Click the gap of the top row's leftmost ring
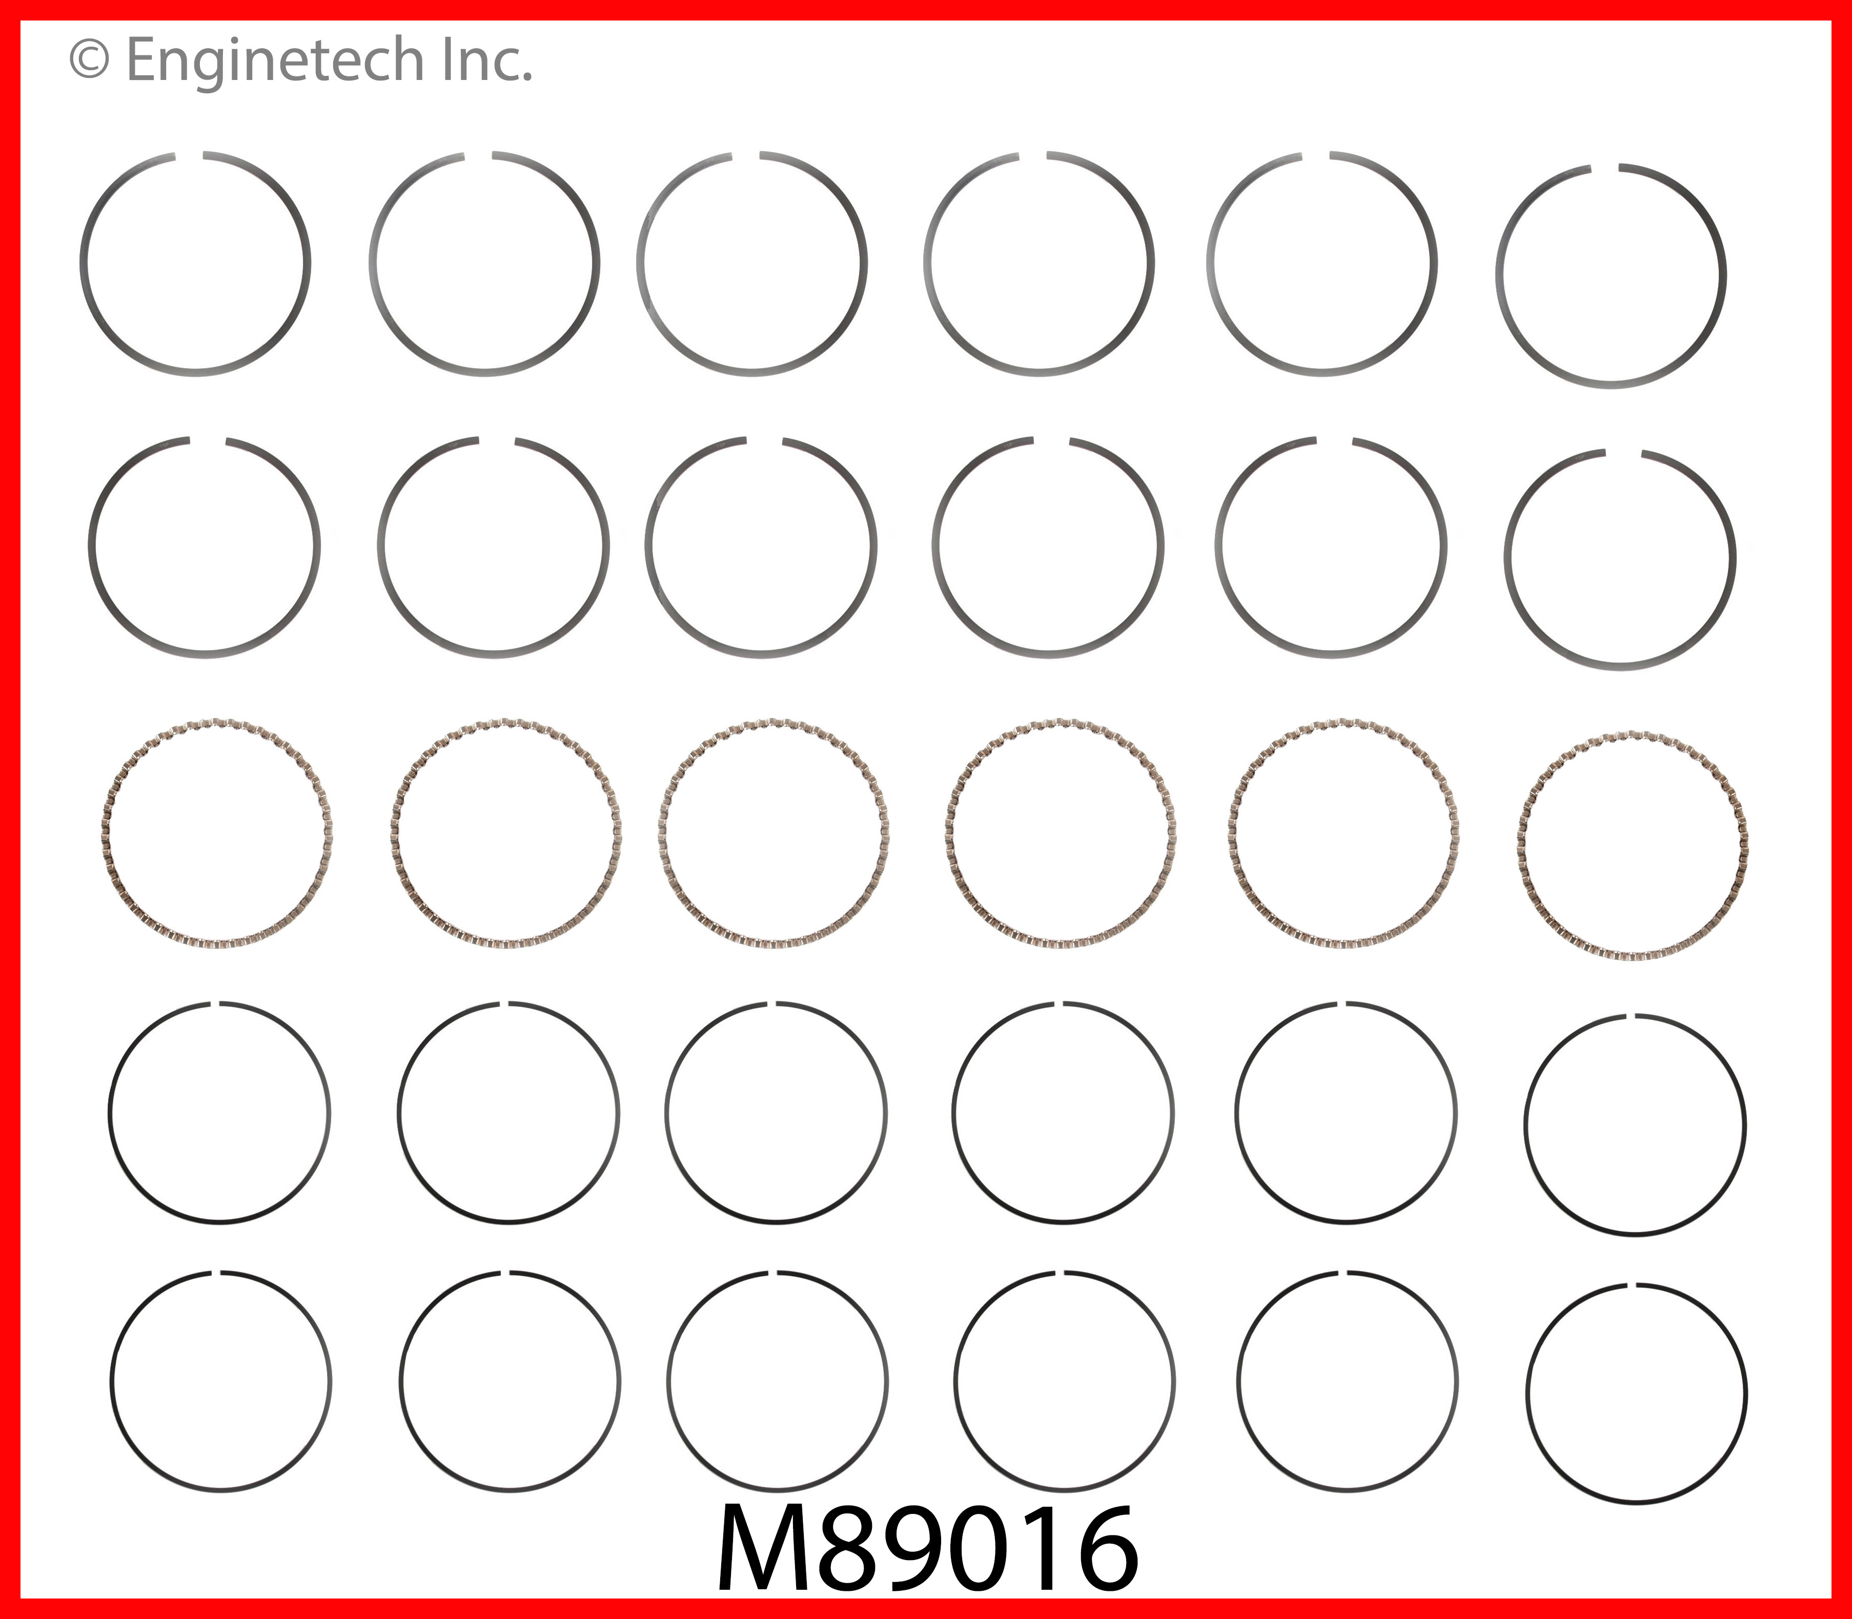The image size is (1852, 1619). click(188, 156)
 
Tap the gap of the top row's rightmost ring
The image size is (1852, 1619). click(1604, 169)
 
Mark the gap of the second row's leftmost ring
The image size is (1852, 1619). click(208, 442)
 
